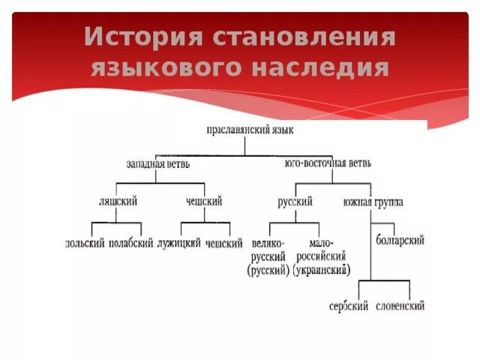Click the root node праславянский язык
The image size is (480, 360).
pyautogui.click(x=250, y=130)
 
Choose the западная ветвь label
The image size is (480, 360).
pyautogui.click(x=157, y=163)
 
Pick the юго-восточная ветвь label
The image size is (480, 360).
pyautogui.click(x=328, y=163)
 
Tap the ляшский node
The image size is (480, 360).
pyautogui.click(x=118, y=202)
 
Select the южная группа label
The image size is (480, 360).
pyautogui.click(x=373, y=202)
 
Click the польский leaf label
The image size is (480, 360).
pyautogui.click(x=85, y=243)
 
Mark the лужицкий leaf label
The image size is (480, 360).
pyautogui.click(x=179, y=243)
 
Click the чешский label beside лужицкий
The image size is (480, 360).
pyautogui.click(x=223, y=243)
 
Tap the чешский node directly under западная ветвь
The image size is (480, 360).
pyautogui.click(x=203, y=202)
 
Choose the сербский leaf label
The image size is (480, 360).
pyautogui.click(x=348, y=306)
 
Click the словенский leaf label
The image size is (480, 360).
pyautogui.click(x=399, y=306)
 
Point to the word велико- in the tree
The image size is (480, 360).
pyautogui.click(x=268, y=243)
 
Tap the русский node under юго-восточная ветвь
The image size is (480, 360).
pyautogui.click(x=295, y=202)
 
